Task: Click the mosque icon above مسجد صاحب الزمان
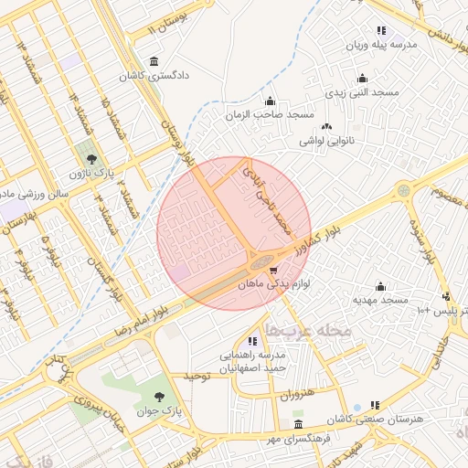click(269, 101)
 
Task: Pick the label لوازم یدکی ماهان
click(273, 285)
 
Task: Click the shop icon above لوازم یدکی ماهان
click(273, 271)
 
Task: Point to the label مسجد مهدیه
click(380, 300)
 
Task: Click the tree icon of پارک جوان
click(159, 397)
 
